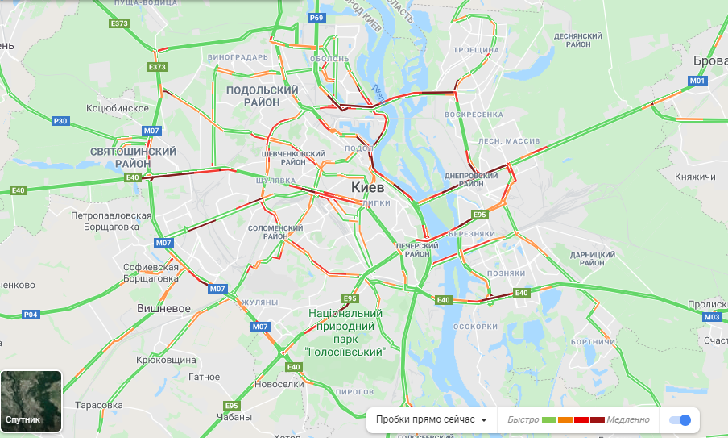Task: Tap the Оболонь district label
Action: tap(329, 58)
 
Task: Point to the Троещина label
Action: tap(477, 50)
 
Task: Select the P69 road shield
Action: tap(316, 18)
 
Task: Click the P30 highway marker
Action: tap(60, 121)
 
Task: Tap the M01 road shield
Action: tap(697, 81)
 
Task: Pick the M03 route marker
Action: tap(711, 317)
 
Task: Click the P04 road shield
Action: tap(31, 315)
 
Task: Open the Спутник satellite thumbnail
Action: tap(31, 401)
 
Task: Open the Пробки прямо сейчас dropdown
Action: tap(432, 419)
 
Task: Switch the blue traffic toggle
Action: tap(680, 419)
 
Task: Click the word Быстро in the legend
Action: tap(523, 419)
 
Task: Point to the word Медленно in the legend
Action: tap(629, 419)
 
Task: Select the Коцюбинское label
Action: tap(118, 107)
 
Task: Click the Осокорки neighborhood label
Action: tap(475, 327)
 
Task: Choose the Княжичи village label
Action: tap(695, 177)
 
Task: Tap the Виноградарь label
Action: tap(238, 58)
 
